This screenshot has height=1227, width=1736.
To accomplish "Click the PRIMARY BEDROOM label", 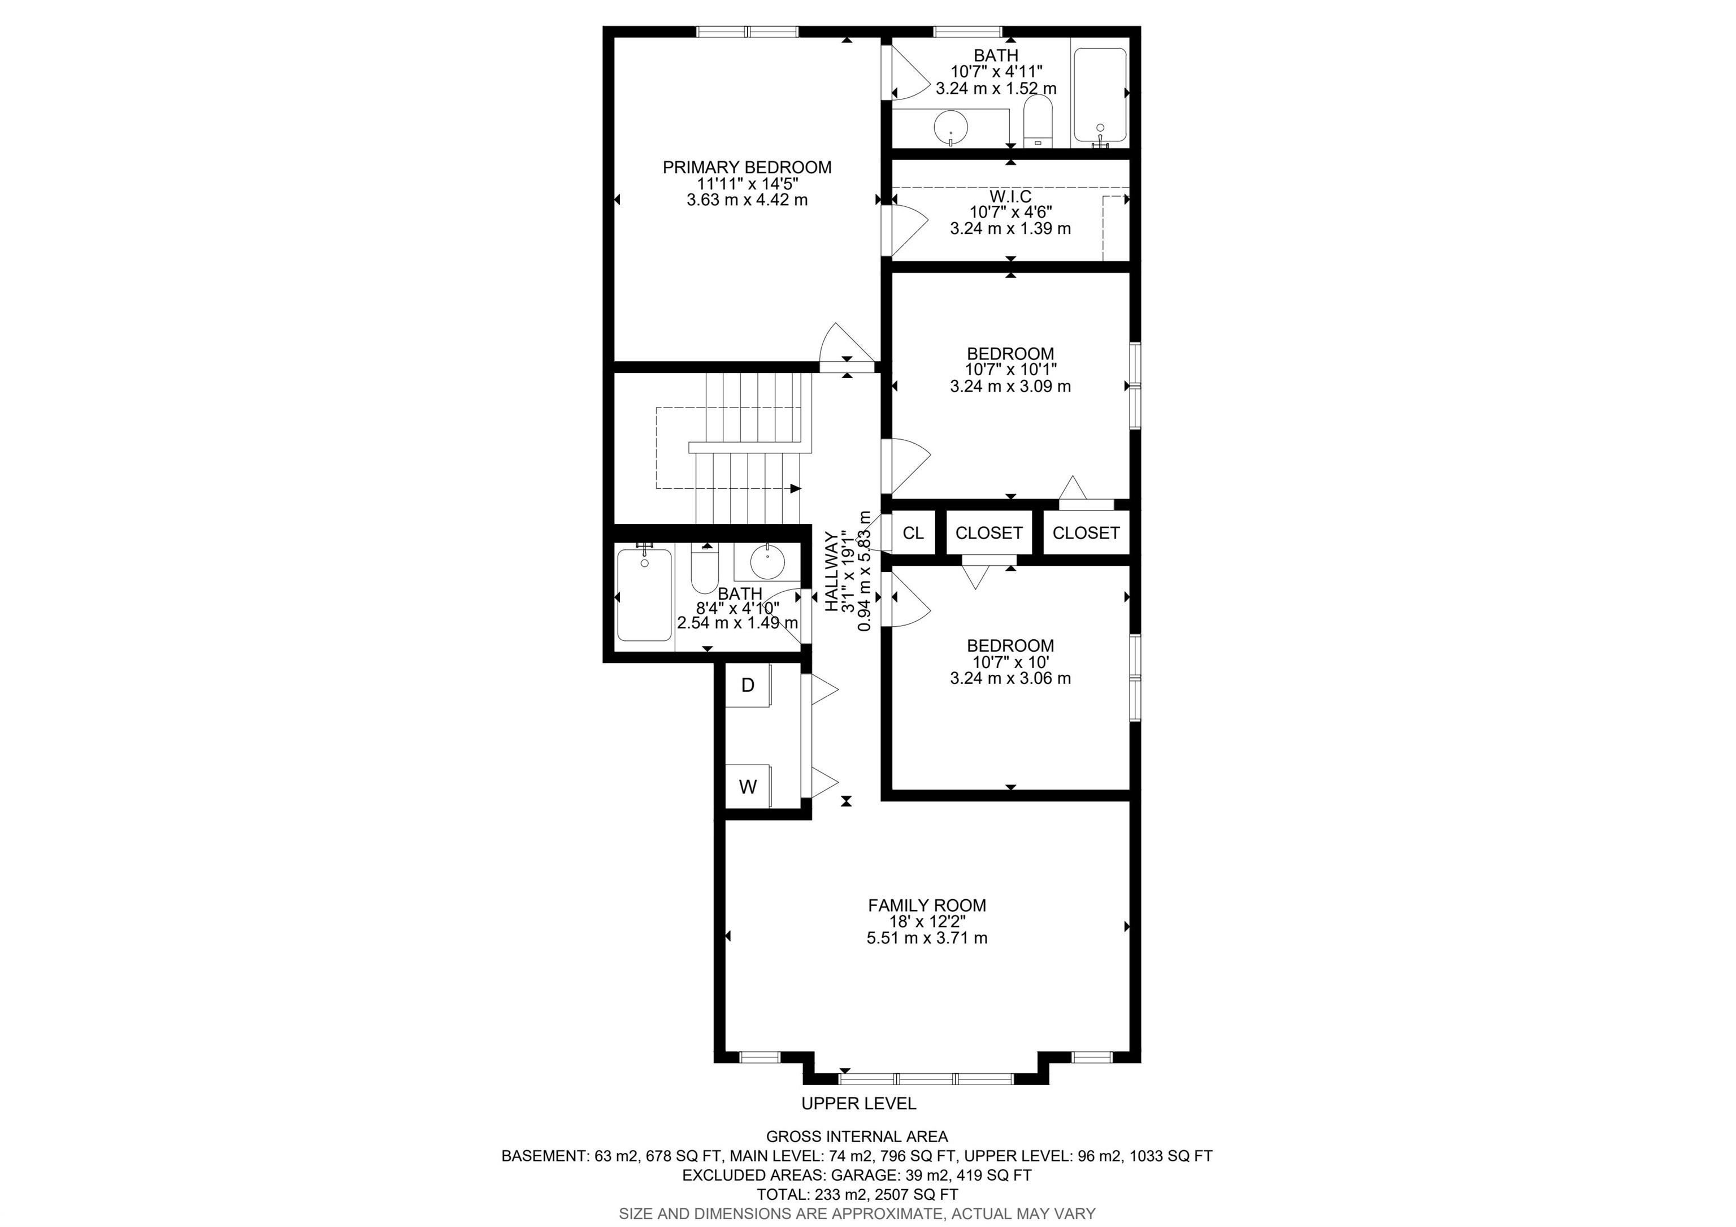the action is pos(747,167).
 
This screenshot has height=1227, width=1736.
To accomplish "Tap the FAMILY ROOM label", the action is pos(927,905).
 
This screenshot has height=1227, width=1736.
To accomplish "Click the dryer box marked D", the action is pos(748,685).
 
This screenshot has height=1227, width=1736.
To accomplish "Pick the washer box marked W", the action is pos(748,786).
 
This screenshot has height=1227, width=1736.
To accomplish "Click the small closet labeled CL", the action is pos(913,533).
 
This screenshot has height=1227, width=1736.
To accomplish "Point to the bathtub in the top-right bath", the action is pos(1100,96).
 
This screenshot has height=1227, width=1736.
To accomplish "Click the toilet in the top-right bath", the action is pos(1039,121).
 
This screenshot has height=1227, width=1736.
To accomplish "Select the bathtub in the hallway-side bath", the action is pos(644,595).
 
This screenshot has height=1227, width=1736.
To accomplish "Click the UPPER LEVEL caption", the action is pos(858,1103).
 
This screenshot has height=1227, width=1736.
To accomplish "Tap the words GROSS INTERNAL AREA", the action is pos(857,1136).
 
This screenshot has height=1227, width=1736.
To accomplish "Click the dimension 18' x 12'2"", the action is pos(927,922).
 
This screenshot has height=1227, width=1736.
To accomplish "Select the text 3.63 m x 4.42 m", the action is pos(747,200).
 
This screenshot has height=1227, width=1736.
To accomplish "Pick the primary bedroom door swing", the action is pos(847,344).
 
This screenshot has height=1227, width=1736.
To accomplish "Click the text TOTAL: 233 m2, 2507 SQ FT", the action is pos(857,1194).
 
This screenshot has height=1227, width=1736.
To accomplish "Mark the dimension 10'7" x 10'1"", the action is pos(1011,370).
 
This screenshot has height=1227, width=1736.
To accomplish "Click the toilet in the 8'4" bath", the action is pos(705,569).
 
